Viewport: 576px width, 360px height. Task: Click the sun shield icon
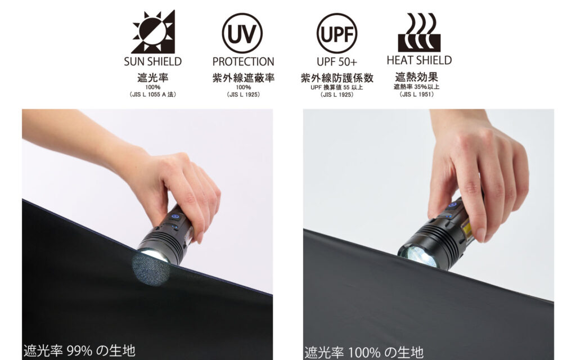click(154, 32)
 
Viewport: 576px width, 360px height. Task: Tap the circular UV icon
click(242, 33)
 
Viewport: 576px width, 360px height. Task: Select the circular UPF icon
click(337, 33)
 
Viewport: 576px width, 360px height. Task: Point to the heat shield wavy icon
click(419, 32)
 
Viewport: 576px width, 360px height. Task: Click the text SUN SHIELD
click(153, 61)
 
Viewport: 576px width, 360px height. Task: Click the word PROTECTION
click(243, 61)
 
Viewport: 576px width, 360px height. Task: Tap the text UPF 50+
click(337, 62)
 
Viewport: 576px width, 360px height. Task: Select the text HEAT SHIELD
click(419, 60)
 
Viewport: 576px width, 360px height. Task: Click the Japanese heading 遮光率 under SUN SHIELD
click(153, 78)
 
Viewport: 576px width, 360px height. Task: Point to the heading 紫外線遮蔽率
click(243, 78)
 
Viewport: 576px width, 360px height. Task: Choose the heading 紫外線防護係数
click(337, 78)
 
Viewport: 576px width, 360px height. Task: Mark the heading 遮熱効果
click(417, 76)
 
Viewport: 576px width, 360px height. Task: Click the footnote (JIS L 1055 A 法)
click(153, 94)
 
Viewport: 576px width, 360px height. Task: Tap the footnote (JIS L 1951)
click(417, 94)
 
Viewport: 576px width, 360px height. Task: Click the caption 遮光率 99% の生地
click(79, 351)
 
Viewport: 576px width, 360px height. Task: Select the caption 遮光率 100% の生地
click(364, 353)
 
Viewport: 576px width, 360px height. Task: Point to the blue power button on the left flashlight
click(175, 217)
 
